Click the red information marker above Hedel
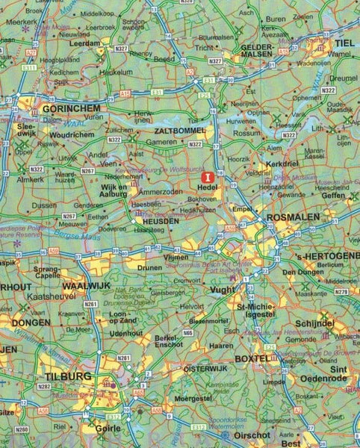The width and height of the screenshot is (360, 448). [x=208, y=177]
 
